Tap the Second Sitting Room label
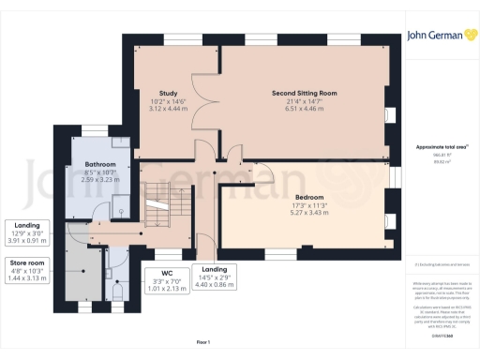point(303,94)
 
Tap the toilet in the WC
point(116,293)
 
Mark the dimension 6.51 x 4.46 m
point(303,109)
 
